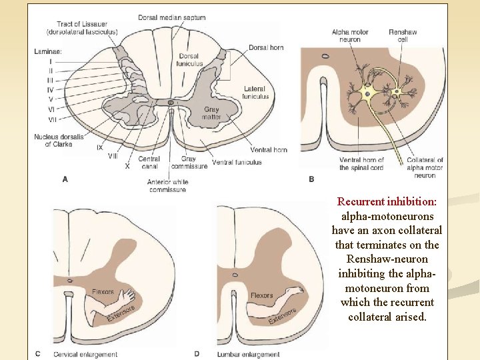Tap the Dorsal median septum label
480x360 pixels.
(x=172, y=17)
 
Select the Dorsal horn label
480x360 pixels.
(x=266, y=47)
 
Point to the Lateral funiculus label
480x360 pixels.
(x=255, y=93)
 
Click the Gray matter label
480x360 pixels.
(x=211, y=113)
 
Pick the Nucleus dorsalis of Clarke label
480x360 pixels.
(x=58, y=141)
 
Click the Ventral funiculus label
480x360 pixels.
(x=237, y=162)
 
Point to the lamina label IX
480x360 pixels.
(x=100, y=147)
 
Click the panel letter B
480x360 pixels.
(x=311, y=179)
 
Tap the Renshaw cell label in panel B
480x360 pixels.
(x=403, y=36)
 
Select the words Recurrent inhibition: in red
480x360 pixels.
(x=387, y=201)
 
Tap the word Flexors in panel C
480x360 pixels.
(x=103, y=292)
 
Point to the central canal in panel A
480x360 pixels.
(x=171, y=103)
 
